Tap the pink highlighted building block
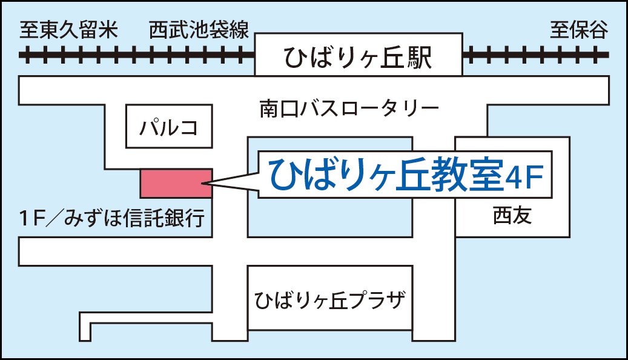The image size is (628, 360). coord(176,183)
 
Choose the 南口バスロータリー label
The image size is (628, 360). coord(349,110)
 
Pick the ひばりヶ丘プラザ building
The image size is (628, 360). coord(329,299)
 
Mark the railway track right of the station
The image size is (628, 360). coord(535,56)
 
